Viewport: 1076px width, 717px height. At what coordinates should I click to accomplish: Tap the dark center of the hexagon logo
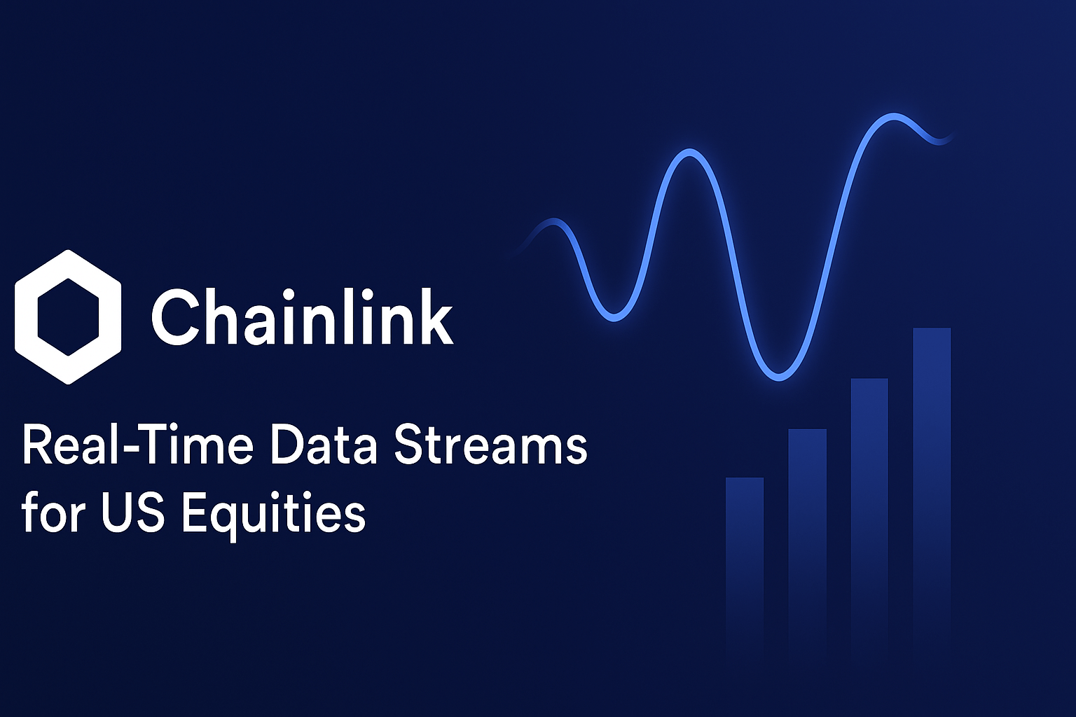(x=68, y=317)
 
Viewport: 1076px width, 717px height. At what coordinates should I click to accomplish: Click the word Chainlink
(x=303, y=317)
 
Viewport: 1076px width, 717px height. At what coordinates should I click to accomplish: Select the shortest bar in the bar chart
(x=745, y=566)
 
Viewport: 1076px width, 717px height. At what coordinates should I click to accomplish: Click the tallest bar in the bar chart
(x=932, y=492)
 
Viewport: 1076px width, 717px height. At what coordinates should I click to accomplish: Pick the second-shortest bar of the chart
(x=808, y=543)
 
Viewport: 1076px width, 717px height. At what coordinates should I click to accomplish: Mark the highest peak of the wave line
(x=893, y=116)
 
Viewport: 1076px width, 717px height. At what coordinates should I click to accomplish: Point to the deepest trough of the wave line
(x=779, y=377)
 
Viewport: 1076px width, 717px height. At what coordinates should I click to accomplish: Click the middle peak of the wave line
(x=689, y=152)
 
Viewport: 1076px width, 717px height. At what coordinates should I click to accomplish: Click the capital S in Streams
(x=409, y=446)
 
